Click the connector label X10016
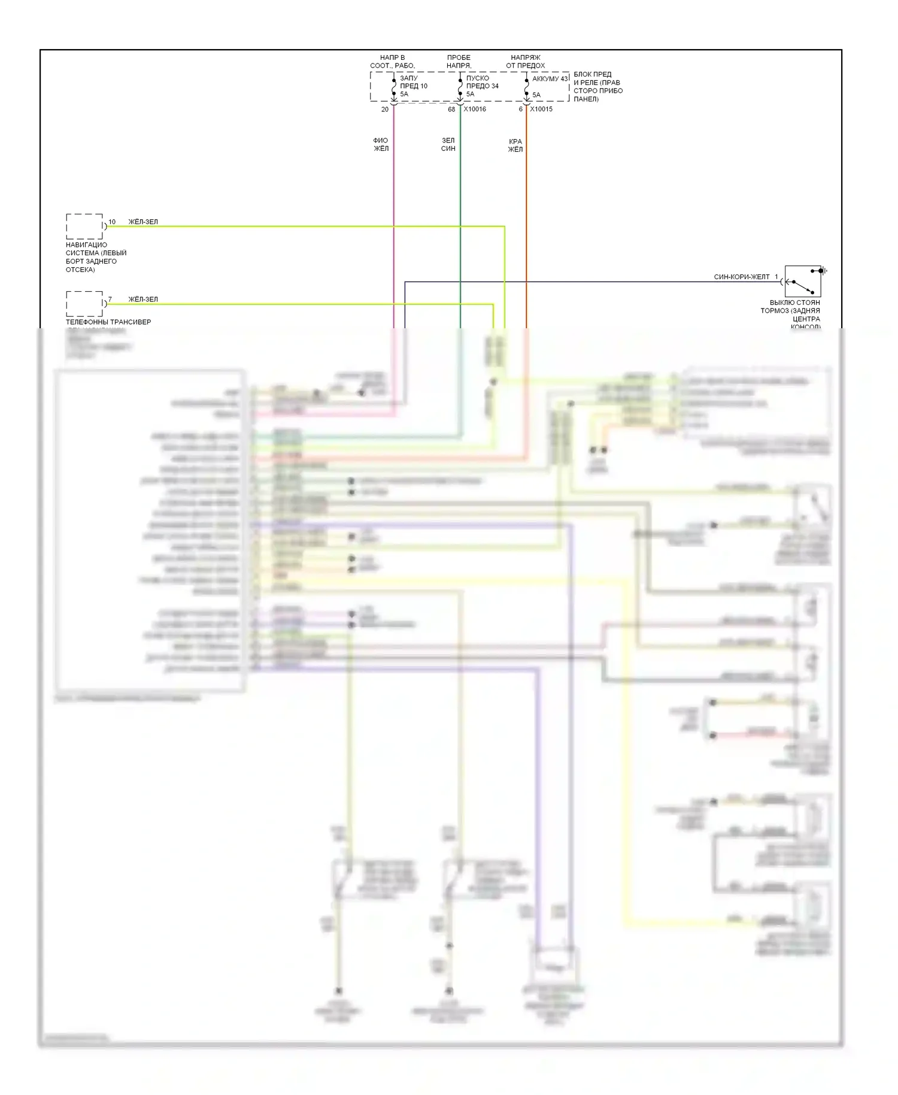tap(475, 109)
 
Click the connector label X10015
tap(541, 109)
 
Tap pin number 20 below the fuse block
tap(385, 109)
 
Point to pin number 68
tap(451, 109)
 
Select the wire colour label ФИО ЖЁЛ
tap(381, 144)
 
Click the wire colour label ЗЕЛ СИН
tap(448, 144)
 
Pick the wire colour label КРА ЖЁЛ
tap(515, 146)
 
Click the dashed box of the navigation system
tap(84, 226)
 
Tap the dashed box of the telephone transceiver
tap(84, 304)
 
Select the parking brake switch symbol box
tap(802, 282)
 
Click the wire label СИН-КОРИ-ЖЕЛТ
tap(742, 277)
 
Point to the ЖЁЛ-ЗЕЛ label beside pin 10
tap(143, 222)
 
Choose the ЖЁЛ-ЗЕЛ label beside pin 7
tap(143, 299)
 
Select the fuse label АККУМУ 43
tap(550, 78)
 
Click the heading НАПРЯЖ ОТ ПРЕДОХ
tap(526, 62)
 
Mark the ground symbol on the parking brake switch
tap(824, 271)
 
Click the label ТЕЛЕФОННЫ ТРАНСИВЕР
tap(108, 322)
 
